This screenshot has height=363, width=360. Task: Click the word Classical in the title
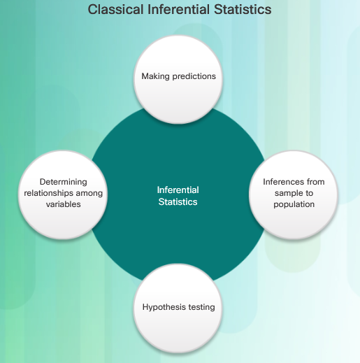click(x=115, y=10)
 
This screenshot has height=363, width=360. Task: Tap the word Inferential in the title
click(x=178, y=10)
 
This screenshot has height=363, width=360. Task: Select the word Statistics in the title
click(x=243, y=10)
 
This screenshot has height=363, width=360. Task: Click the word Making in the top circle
click(x=155, y=76)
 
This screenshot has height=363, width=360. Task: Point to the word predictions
click(x=194, y=76)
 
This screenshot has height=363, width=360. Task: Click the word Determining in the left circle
click(x=64, y=182)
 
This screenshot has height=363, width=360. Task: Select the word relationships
click(x=48, y=193)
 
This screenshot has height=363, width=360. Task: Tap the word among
click(x=89, y=194)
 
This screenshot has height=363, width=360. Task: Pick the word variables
click(x=64, y=204)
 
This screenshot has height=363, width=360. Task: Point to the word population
click(x=294, y=204)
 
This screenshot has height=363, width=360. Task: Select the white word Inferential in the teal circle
click(x=178, y=190)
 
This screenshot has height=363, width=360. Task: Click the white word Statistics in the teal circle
click(x=178, y=201)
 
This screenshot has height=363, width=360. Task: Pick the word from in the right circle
click(x=316, y=182)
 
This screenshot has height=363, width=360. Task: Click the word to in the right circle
click(x=309, y=193)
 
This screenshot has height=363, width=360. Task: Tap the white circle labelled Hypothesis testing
click(x=178, y=308)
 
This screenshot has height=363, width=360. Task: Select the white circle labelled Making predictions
click(x=178, y=79)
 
